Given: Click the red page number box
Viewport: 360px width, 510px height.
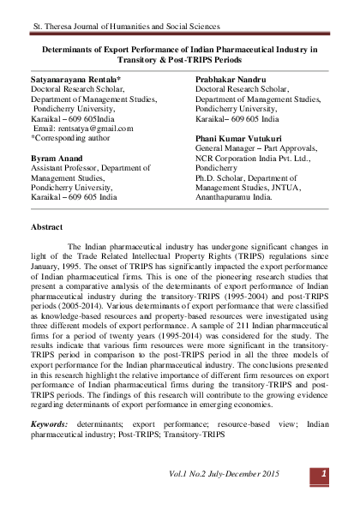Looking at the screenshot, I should click(x=324, y=474).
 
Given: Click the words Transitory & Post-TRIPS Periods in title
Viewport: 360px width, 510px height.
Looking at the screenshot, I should click(x=179, y=61).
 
